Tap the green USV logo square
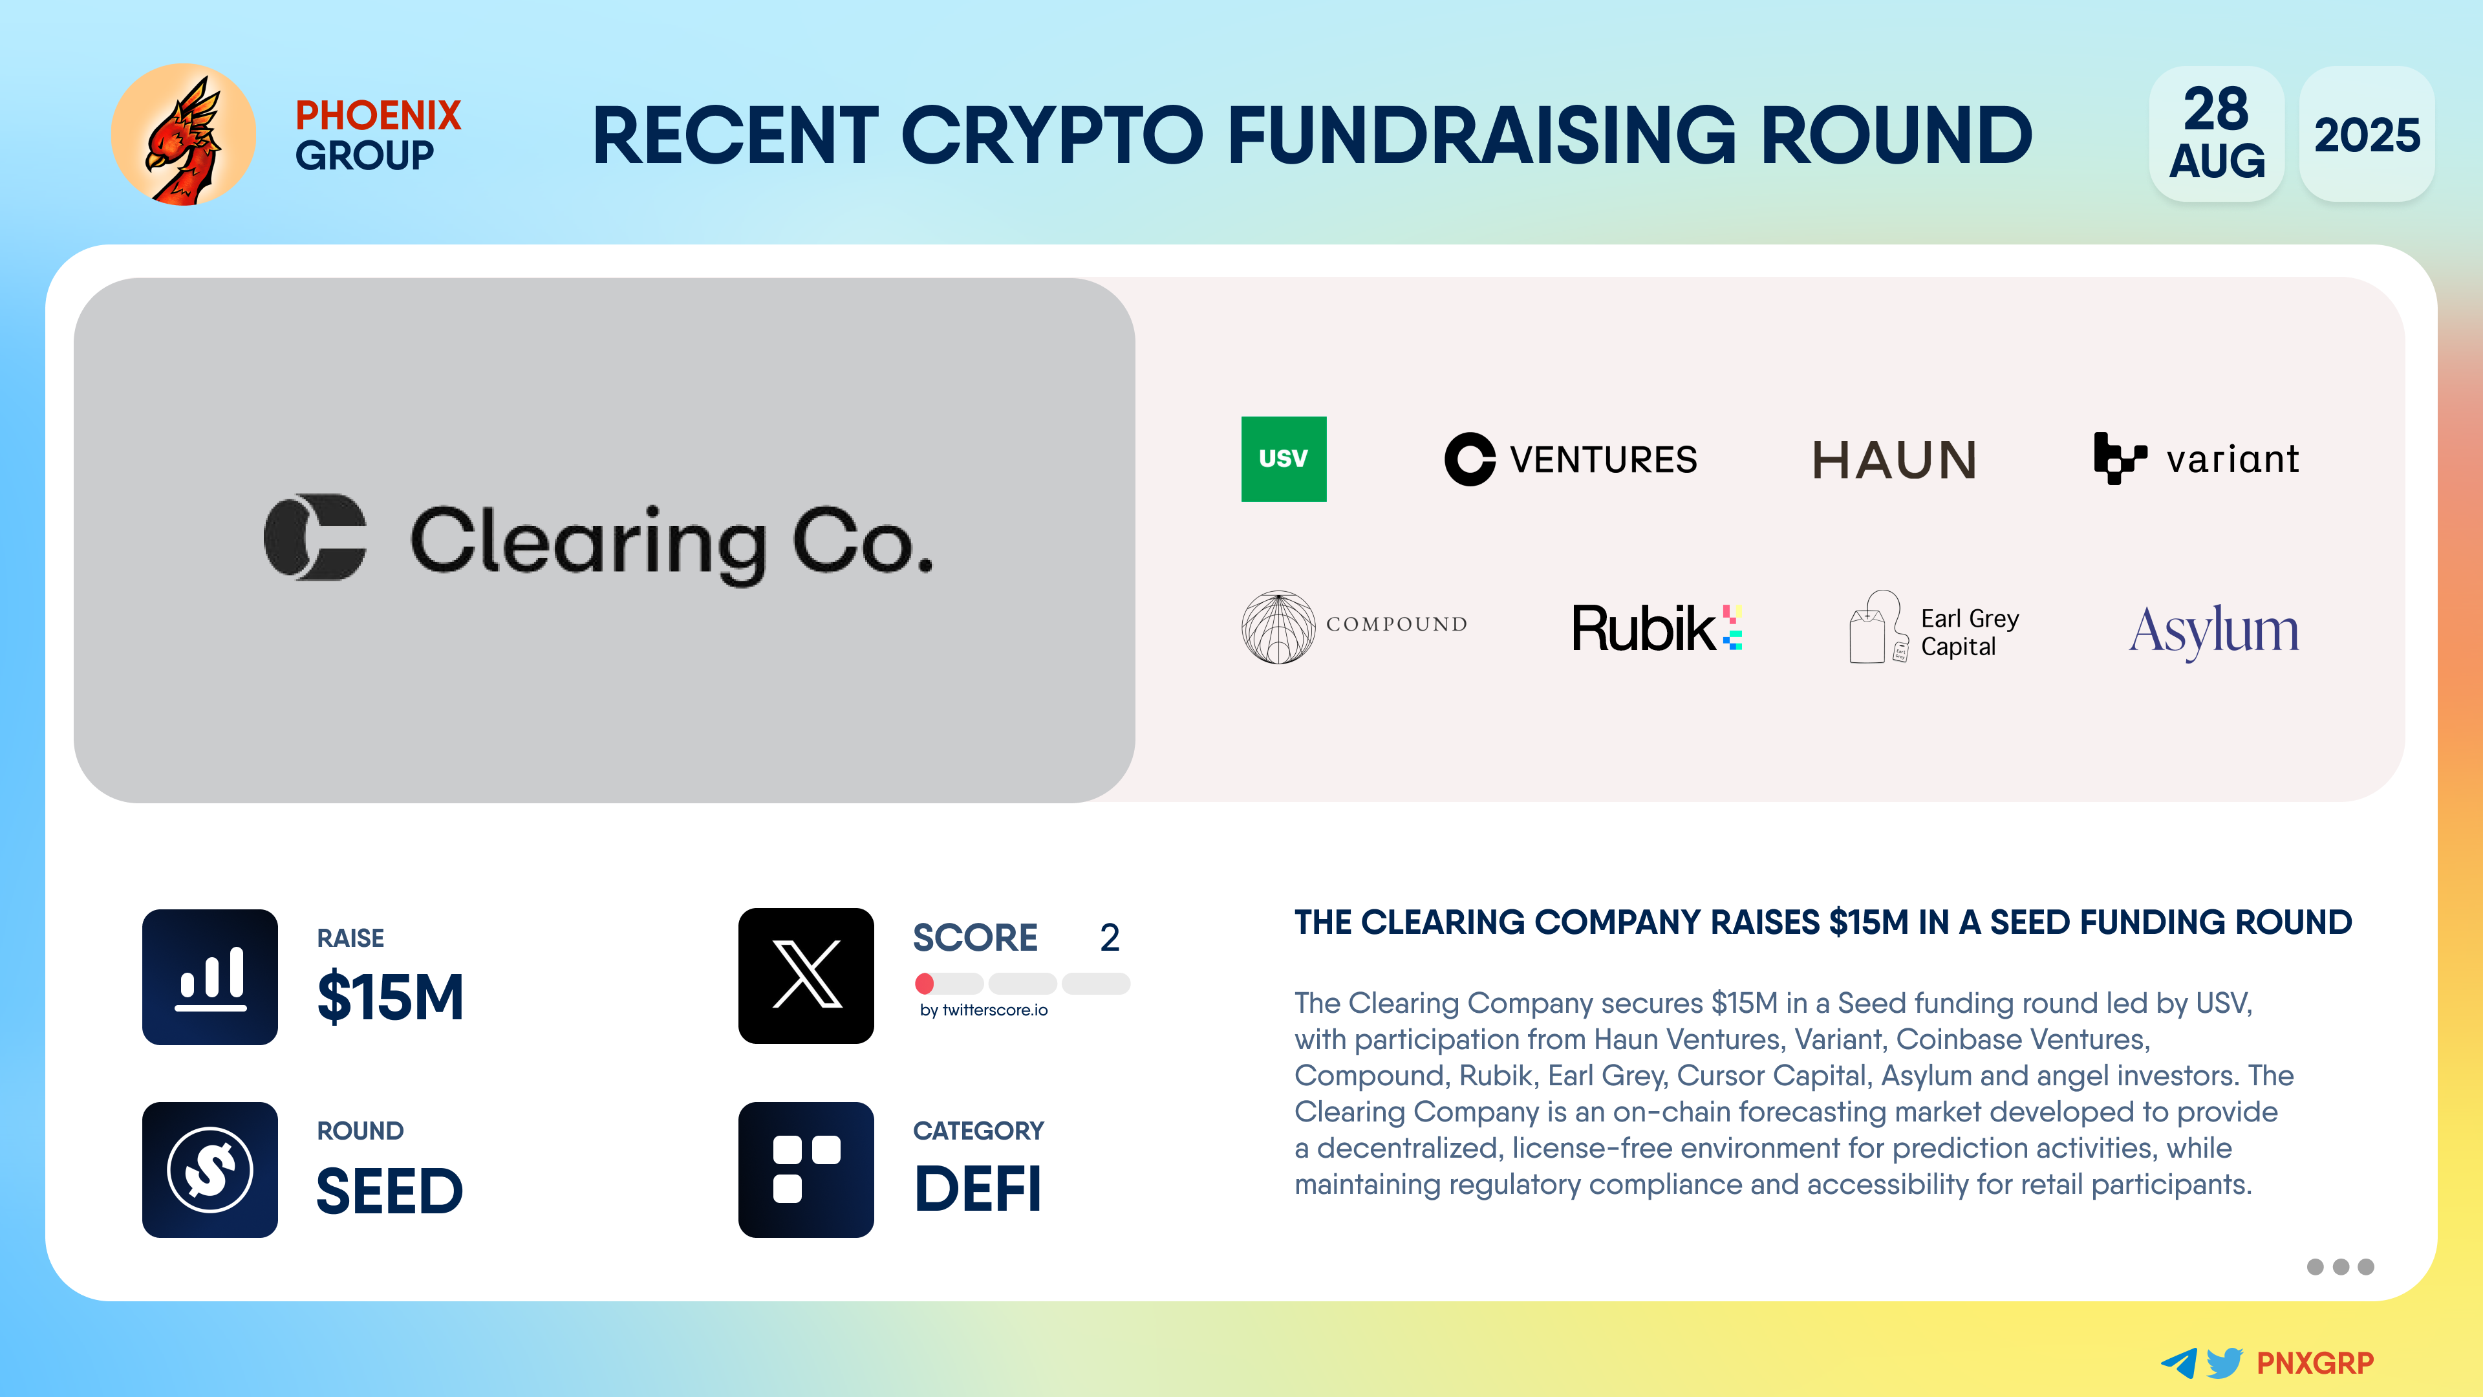(1283, 459)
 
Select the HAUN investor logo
(1894, 460)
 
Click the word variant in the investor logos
(2232, 459)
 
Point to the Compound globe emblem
(1278, 627)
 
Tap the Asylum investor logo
(2213, 631)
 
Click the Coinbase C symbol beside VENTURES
(1469, 459)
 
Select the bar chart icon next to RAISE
(210, 977)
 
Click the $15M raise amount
(391, 997)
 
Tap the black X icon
(806, 976)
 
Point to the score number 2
(1110, 937)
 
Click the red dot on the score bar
(925, 983)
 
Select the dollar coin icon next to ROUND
(210, 1169)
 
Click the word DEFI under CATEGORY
(978, 1189)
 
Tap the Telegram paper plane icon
(2178, 1362)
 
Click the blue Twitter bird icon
(2224, 1362)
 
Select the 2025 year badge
(2367, 134)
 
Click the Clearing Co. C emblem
(315, 537)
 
